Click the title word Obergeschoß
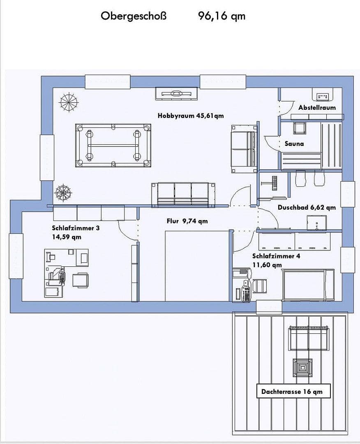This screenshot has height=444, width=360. [x=134, y=16]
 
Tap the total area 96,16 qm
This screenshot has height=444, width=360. [x=222, y=16]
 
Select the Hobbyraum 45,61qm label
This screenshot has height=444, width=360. [x=191, y=116]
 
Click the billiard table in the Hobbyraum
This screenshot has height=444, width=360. [x=113, y=145]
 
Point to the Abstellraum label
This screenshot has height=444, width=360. [x=317, y=107]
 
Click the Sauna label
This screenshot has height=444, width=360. [x=294, y=143]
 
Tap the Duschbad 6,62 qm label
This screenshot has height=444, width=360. [x=307, y=207]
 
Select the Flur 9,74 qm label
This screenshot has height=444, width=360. [x=187, y=221]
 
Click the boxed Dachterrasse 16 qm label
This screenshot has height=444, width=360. [x=292, y=391]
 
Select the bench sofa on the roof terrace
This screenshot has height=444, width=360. [x=309, y=338]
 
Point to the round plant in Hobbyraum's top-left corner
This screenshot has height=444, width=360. [x=68, y=102]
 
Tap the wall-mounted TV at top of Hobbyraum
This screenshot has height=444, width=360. [x=176, y=94]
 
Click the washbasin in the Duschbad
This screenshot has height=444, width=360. [x=316, y=223]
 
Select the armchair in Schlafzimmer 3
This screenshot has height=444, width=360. [x=80, y=280]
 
